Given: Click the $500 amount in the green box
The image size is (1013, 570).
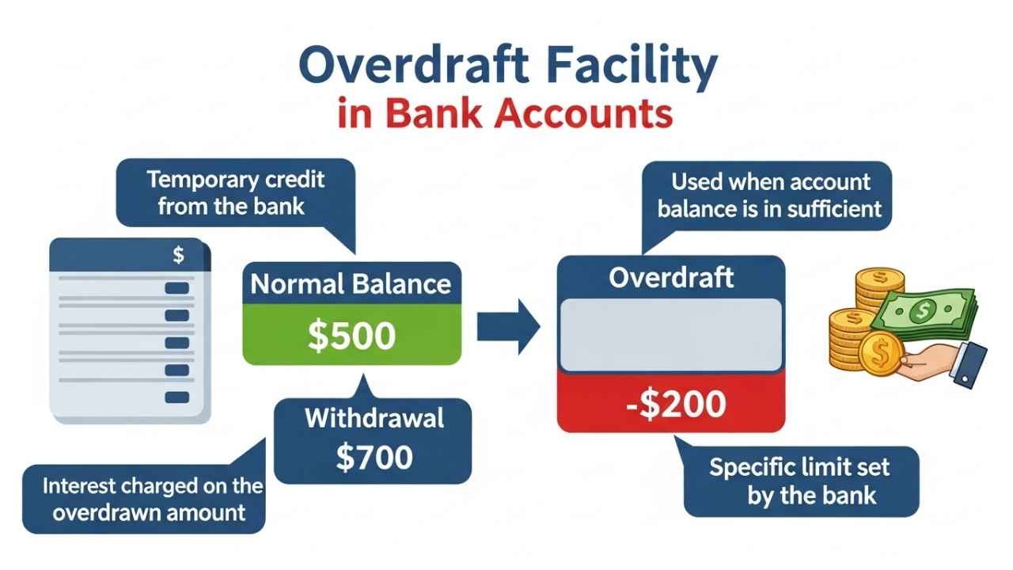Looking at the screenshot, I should point(351,336).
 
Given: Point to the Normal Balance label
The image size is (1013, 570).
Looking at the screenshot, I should point(351,284).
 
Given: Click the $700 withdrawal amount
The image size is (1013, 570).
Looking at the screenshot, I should point(374,457).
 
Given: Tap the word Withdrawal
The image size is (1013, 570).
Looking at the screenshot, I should point(374,418).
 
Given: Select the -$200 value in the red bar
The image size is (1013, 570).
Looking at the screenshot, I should point(671,405).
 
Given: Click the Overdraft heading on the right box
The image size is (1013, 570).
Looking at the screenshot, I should point(671,278).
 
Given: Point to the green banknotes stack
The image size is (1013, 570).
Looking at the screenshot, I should point(926,313).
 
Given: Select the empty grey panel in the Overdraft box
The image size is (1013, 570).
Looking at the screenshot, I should point(671,334).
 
